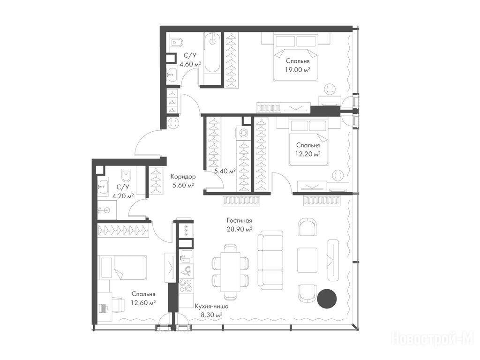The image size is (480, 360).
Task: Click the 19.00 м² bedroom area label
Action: (298, 70)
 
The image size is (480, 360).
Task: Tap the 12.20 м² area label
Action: (307, 154)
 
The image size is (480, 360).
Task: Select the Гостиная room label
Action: (240, 220)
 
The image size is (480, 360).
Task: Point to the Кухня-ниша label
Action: (211, 306)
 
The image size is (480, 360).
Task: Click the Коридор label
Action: (183, 177)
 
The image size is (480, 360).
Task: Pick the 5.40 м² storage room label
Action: (225, 171)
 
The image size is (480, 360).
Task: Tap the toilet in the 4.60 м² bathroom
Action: (176, 42)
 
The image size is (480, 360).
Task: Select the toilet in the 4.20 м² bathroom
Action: (126, 175)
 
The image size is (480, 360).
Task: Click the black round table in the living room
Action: (327, 298)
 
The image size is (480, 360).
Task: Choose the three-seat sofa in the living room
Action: (270, 260)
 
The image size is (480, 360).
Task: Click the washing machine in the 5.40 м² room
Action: (244, 133)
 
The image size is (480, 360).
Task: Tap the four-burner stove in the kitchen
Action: (186, 285)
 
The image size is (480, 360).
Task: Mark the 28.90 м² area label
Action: (240, 229)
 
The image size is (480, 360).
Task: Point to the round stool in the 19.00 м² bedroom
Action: (330, 90)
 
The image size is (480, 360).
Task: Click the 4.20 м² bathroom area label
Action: (123, 196)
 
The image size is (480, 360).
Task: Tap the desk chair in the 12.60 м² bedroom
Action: (118, 304)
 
